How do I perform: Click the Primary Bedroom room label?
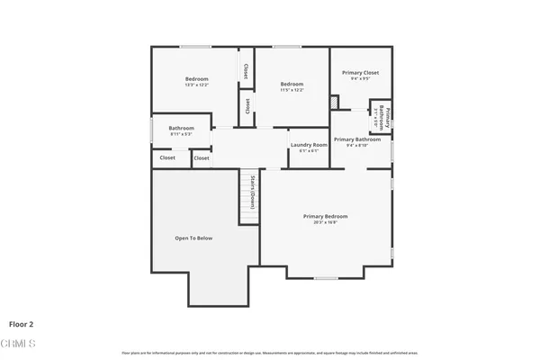[x=325, y=217]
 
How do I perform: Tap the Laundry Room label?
[x=308, y=145]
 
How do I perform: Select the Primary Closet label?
[x=360, y=72]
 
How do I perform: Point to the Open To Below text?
[x=193, y=238]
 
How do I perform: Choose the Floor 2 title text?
[x=22, y=323]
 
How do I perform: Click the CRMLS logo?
[x=18, y=344]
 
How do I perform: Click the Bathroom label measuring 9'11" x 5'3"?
[x=181, y=130]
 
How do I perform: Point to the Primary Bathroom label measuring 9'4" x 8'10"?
[x=357, y=141]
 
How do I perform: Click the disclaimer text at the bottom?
[x=270, y=351]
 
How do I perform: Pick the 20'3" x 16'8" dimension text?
[x=325, y=222]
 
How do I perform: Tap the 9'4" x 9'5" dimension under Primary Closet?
[x=360, y=79]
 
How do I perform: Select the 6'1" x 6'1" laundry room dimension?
[x=308, y=151]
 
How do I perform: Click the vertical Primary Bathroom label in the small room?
[x=381, y=115]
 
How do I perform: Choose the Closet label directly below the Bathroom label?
[x=167, y=157]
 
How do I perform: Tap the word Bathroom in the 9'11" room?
[x=181, y=128]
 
